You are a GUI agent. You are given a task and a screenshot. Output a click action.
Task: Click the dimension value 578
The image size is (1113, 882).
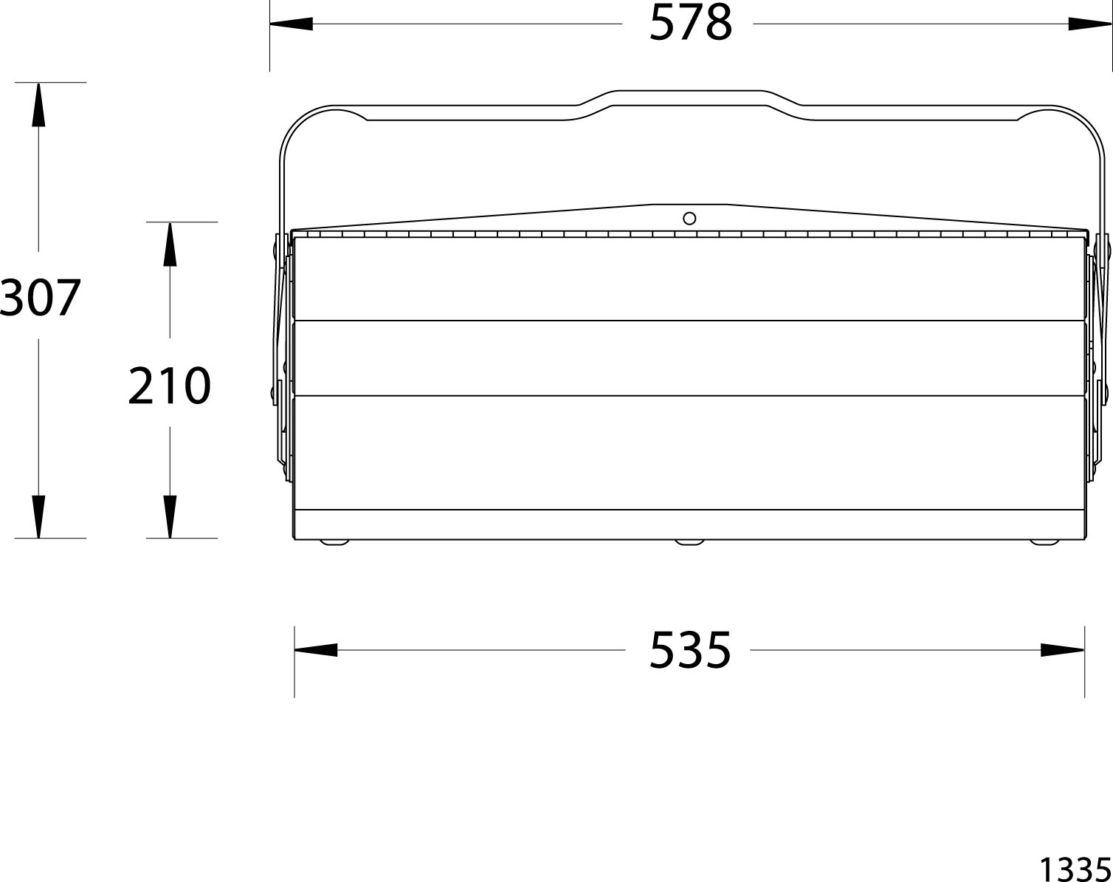click(x=690, y=23)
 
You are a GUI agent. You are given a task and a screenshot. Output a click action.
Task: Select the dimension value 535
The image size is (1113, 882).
click(x=690, y=649)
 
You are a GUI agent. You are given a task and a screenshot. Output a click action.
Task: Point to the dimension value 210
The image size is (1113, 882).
click(x=169, y=385)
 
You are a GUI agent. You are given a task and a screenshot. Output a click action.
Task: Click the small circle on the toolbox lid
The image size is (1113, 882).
click(x=689, y=219)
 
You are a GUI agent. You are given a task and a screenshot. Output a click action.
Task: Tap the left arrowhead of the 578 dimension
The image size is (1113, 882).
click(x=292, y=24)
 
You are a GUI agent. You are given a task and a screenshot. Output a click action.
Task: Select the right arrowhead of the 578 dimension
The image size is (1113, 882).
click(x=1089, y=24)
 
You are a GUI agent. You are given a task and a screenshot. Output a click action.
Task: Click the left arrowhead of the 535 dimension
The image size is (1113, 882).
click(x=316, y=650)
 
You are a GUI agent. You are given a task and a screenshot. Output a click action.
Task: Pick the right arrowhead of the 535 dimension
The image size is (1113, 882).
click(x=1062, y=650)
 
